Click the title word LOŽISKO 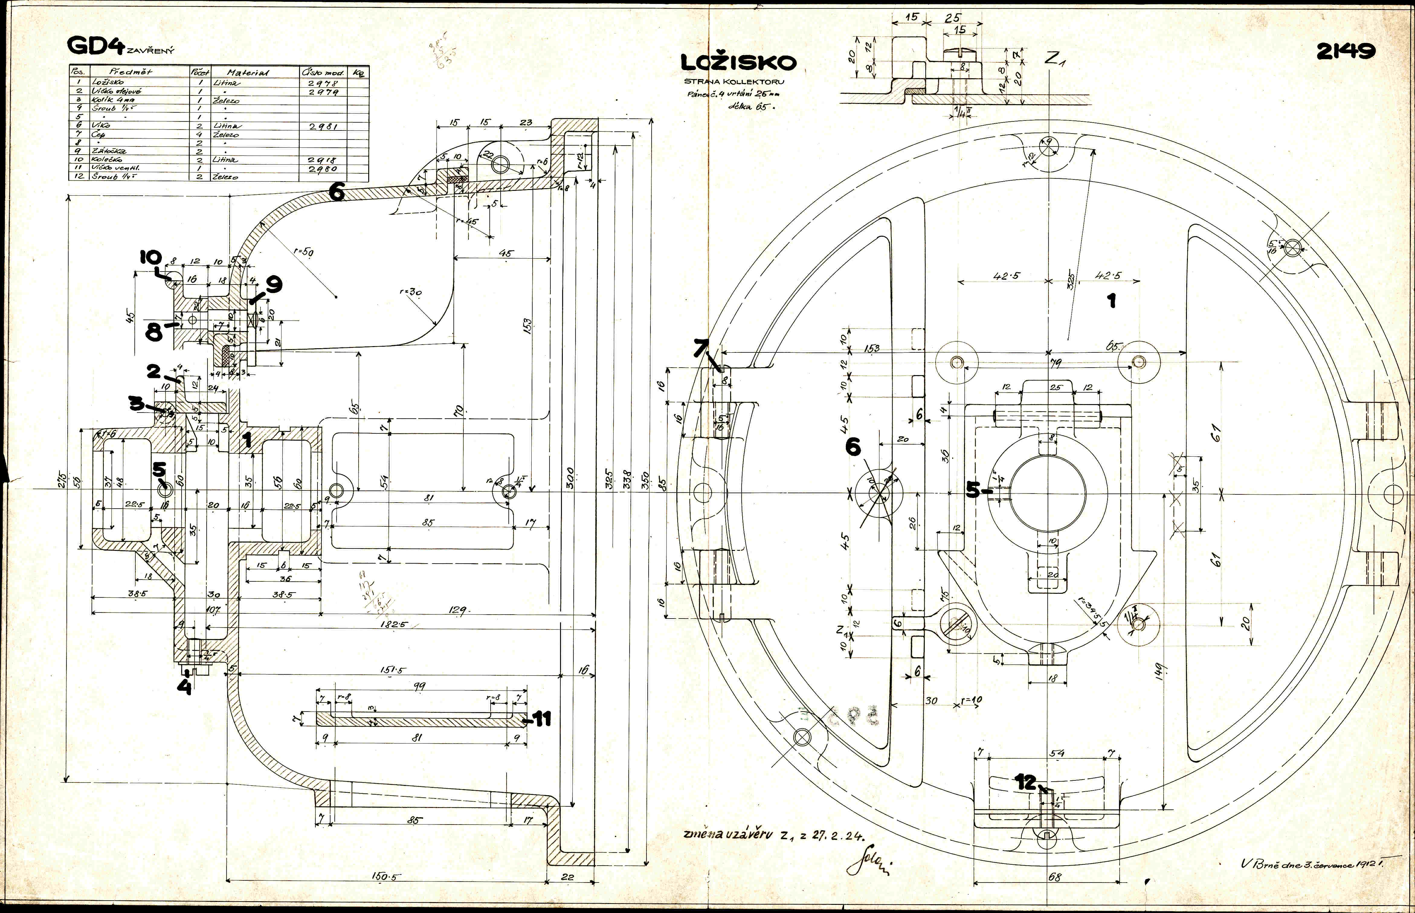pyautogui.click(x=738, y=62)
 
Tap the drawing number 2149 pyautogui.click(x=1345, y=52)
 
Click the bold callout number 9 pyautogui.click(x=273, y=285)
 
